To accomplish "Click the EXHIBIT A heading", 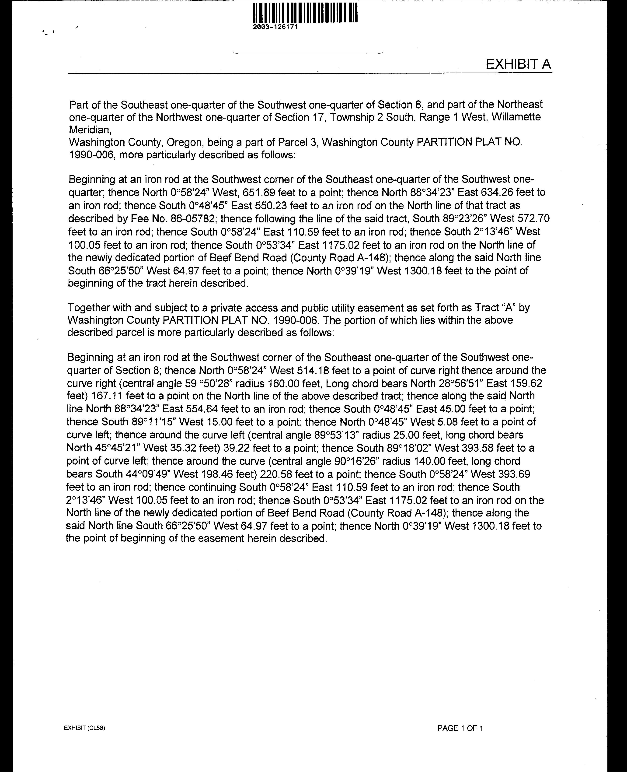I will tap(518, 64).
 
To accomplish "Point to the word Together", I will tap(89, 308).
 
